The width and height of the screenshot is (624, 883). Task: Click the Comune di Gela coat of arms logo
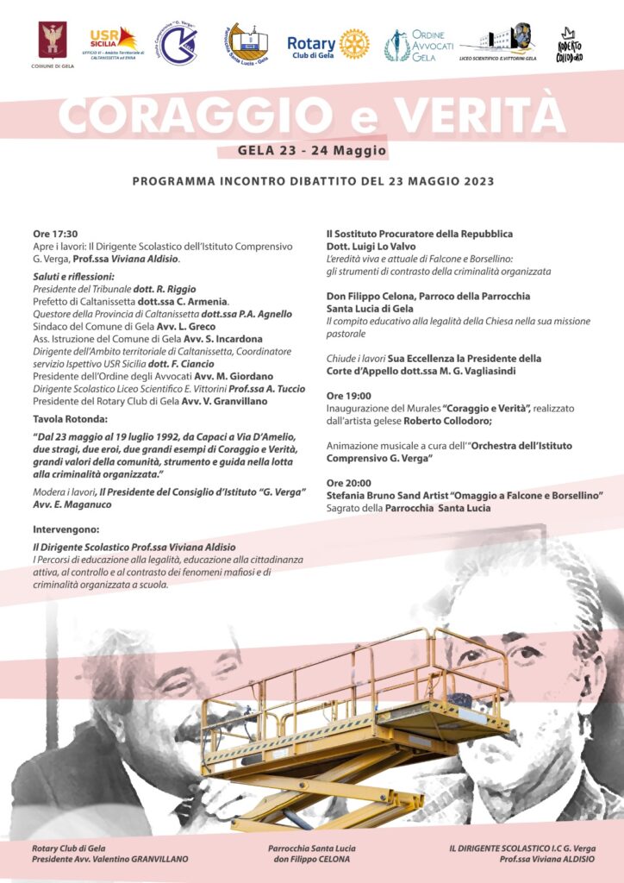click(52, 40)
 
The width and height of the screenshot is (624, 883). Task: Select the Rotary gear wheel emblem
click(353, 43)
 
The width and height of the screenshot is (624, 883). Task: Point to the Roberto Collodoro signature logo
click(570, 45)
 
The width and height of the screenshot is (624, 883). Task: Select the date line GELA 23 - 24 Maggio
click(312, 151)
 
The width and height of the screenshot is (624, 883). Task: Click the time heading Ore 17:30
click(55, 234)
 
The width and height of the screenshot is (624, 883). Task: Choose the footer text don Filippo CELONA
click(311, 860)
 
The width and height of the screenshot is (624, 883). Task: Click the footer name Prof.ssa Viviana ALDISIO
click(546, 860)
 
